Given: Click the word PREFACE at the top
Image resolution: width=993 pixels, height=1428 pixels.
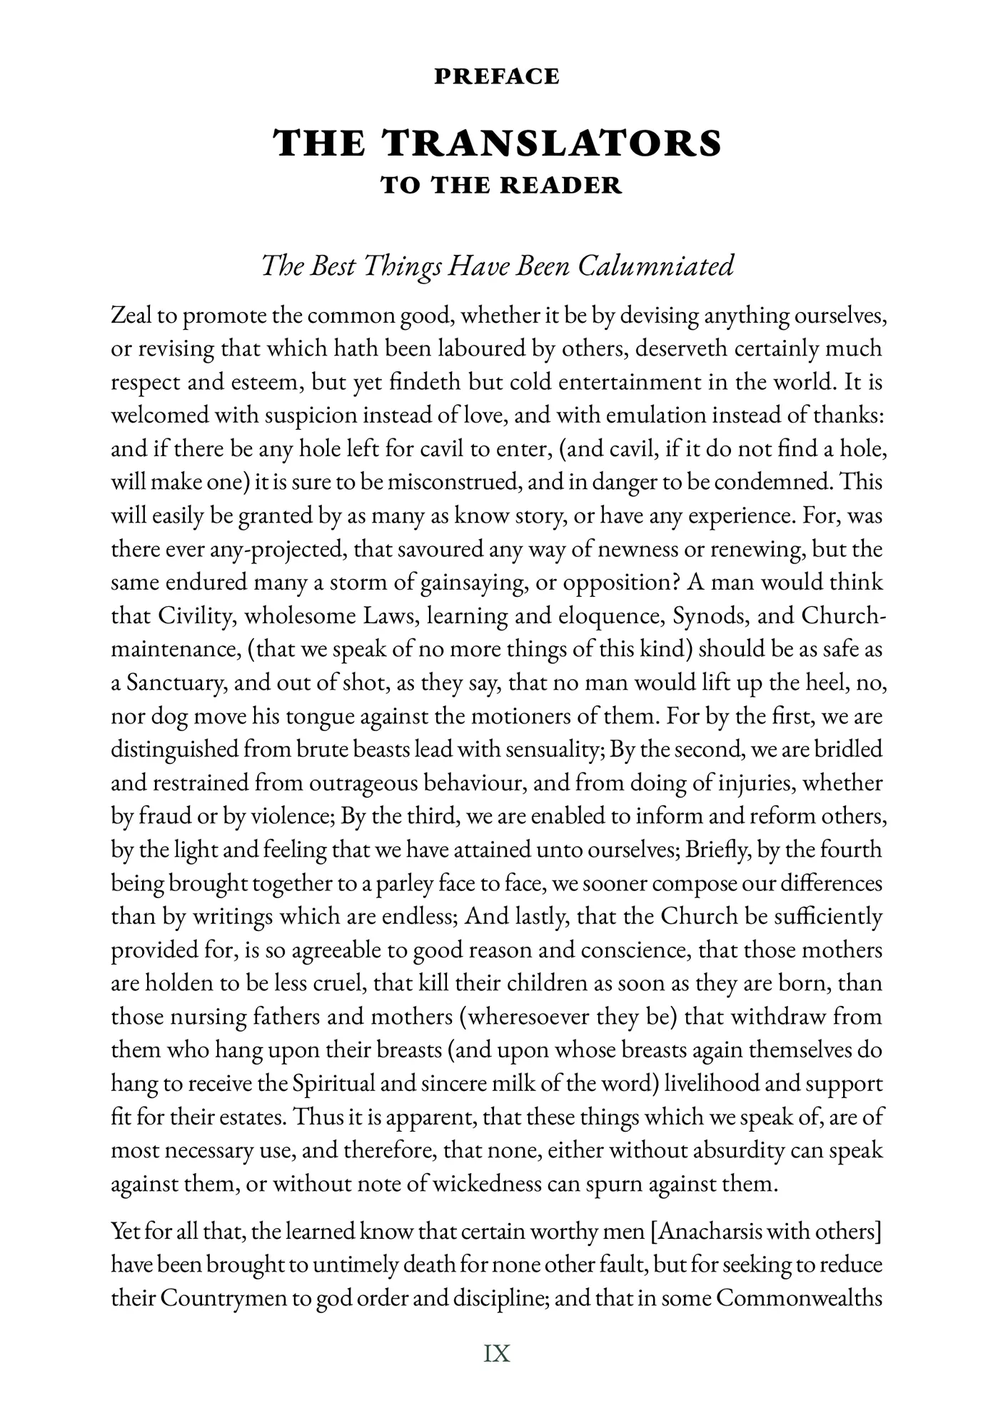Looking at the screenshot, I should tap(496, 76).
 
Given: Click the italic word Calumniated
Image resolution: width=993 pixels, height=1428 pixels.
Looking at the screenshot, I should tap(655, 266).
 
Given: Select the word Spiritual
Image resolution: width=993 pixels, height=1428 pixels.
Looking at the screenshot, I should tap(336, 1084).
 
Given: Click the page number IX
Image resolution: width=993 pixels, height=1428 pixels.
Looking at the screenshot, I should tap(497, 1353).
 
